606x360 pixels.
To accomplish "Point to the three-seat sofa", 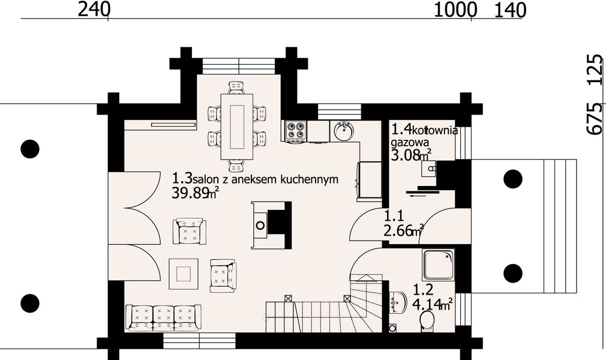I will [163, 317].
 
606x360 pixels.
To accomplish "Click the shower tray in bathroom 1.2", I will [437, 266].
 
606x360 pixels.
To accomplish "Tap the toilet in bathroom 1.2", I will [427, 320].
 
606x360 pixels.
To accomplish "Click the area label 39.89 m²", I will [195, 193].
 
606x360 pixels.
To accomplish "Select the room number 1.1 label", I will [393, 214].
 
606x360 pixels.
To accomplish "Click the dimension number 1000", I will [455, 9].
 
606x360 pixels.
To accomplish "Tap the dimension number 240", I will [95, 9].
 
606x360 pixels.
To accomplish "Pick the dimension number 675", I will [594, 119].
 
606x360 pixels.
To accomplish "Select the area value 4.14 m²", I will [432, 304].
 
